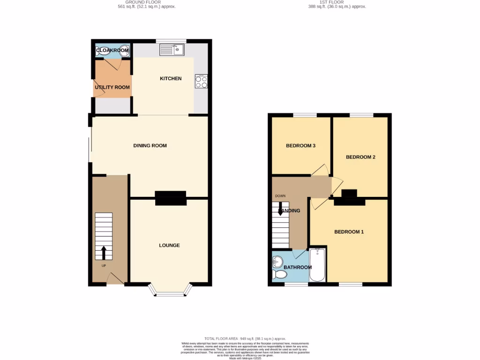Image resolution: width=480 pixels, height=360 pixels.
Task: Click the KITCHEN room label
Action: tap(171, 78)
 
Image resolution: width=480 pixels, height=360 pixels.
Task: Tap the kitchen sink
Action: tap(172, 49)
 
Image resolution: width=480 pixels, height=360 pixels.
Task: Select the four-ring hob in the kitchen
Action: tap(201, 82)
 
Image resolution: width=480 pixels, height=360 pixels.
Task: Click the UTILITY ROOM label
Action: tap(112, 87)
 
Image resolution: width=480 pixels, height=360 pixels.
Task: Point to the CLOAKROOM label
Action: tap(112, 50)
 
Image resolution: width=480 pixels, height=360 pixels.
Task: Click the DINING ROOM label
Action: tap(150, 145)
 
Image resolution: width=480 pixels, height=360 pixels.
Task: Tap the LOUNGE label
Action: tap(169, 245)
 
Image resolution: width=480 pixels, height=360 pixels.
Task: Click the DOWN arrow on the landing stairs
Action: tap(280, 209)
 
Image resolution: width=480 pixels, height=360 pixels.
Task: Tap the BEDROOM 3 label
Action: tap(300, 145)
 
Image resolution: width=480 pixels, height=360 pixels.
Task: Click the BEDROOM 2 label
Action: tap(360, 157)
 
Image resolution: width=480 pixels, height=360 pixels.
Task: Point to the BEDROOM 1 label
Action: tap(349, 232)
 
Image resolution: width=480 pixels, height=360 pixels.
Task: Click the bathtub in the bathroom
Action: tap(317, 265)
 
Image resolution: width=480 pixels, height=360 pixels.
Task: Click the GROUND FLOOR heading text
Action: tap(146, 2)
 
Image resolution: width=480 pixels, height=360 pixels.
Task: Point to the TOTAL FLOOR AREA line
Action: tap(245, 338)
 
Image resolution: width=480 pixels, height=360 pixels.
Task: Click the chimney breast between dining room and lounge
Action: tap(171, 198)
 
